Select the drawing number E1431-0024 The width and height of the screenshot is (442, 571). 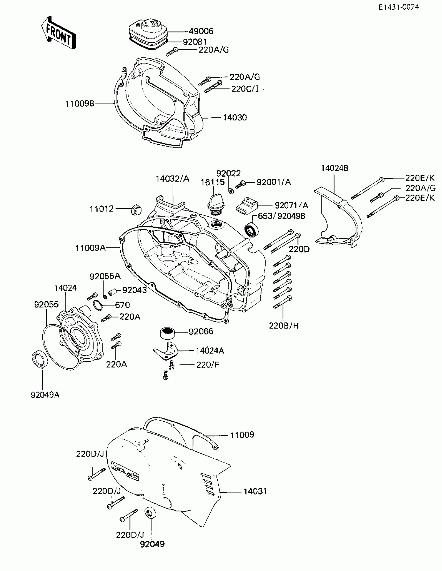click(x=399, y=7)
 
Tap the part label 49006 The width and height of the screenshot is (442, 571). click(x=201, y=31)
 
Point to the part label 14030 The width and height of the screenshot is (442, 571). click(x=235, y=118)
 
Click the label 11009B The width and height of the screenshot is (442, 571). click(x=80, y=104)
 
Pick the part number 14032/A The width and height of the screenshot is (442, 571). click(x=173, y=179)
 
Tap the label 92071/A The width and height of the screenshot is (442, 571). click(x=291, y=205)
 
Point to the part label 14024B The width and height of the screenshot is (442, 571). click(x=335, y=168)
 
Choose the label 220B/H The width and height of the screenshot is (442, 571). click(x=284, y=326)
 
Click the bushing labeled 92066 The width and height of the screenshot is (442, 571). click(x=167, y=333)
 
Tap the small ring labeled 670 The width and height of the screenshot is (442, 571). click(x=98, y=305)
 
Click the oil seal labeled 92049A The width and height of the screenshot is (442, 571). click(x=40, y=358)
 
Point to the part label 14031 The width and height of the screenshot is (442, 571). click(x=255, y=491)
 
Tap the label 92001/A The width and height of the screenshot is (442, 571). click(x=274, y=182)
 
